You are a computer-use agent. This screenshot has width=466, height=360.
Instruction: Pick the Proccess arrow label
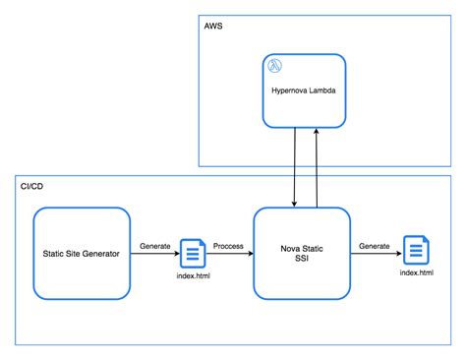(x=227, y=245)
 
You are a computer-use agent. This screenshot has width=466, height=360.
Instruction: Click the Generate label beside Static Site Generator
(x=155, y=245)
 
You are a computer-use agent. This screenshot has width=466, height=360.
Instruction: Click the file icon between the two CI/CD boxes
(x=192, y=255)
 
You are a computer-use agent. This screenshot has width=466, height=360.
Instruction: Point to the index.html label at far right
(x=417, y=272)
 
